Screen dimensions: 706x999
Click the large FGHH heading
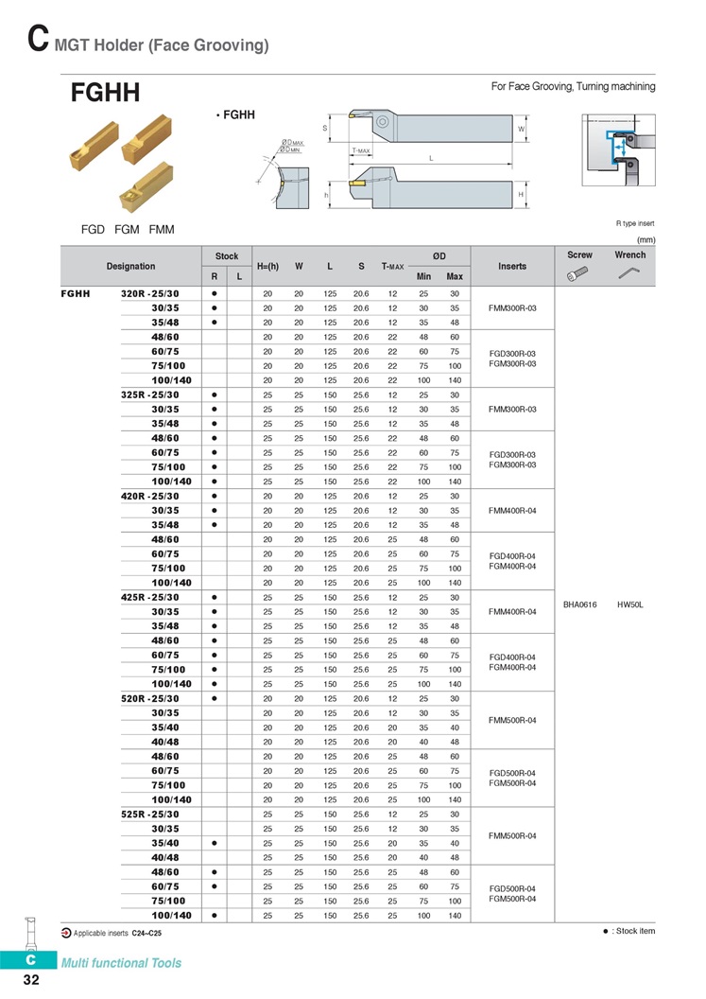[105, 93]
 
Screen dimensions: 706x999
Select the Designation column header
[130, 267]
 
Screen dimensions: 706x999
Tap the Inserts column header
[512, 267]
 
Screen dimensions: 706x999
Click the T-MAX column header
[393, 267]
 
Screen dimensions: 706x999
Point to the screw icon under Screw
[577, 273]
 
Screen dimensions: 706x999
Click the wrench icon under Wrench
[629, 272]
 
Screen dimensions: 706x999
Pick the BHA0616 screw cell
[580, 605]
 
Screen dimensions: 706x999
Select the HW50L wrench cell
[630, 605]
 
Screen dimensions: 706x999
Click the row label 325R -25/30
[150, 395]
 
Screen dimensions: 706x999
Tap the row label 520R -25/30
[150, 699]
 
